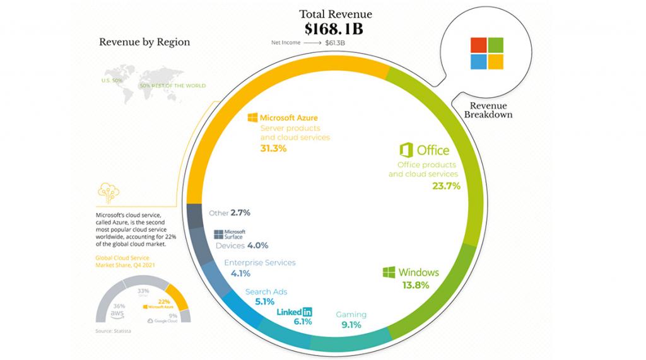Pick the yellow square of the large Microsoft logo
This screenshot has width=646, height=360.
(x=495, y=62)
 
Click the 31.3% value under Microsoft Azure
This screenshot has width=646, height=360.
(x=274, y=149)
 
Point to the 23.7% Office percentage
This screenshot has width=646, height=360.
(x=445, y=186)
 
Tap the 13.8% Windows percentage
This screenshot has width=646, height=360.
(x=416, y=285)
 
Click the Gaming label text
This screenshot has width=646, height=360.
(x=351, y=315)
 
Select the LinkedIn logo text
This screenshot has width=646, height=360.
(x=294, y=311)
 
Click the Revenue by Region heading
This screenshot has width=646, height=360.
(x=144, y=43)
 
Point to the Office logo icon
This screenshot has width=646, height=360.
(x=406, y=150)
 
